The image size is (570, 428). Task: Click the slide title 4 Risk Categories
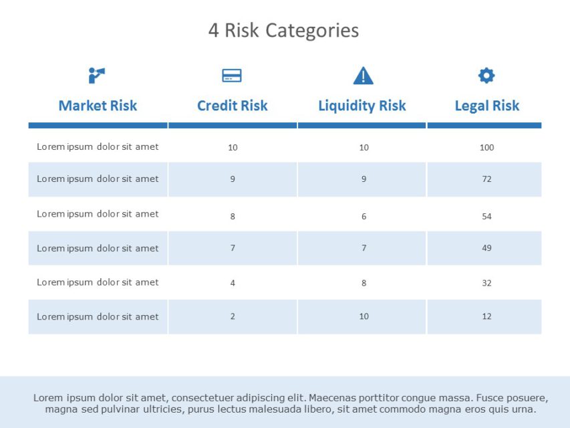tap(283, 31)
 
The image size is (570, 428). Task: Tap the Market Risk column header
tap(98, 106)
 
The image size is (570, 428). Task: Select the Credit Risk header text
tap(232, 106)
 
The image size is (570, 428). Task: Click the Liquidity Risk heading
tap(362, 106)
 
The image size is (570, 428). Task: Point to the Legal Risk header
tap(486, 106)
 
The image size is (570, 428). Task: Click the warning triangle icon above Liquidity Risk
tap(363, 76)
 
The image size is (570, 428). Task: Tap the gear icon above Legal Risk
tap(486, 76)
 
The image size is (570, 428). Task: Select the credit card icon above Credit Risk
tap(232, 76)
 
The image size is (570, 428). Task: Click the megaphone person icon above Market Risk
tap(97, 76)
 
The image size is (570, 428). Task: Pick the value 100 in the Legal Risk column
tap(486, 147)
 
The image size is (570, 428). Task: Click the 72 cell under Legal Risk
tap(486, 179)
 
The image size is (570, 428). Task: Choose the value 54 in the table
tap(486, 217)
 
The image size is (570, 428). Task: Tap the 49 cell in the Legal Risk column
tap(486, 248)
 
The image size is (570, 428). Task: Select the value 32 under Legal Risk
tap(486, 283)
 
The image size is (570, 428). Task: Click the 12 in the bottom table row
tap(486, 316)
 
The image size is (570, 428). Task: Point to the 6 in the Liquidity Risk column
tap(364, 217)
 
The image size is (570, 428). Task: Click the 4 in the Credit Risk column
tap(233, 283)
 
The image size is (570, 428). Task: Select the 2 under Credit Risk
tap(233, 316)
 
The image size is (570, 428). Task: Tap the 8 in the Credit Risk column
tap(233, 217)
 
